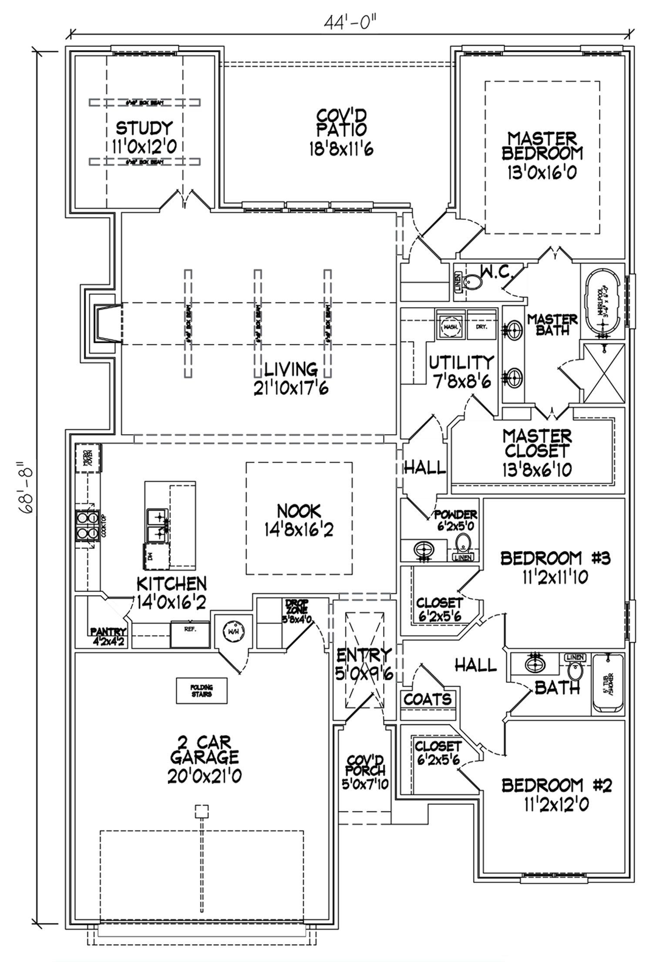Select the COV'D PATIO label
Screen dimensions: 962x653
(341, 122)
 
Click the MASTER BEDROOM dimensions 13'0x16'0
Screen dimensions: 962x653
(541, 173)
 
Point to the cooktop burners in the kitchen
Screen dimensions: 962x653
(87, 525)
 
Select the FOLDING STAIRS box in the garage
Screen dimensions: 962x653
(201, 691)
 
